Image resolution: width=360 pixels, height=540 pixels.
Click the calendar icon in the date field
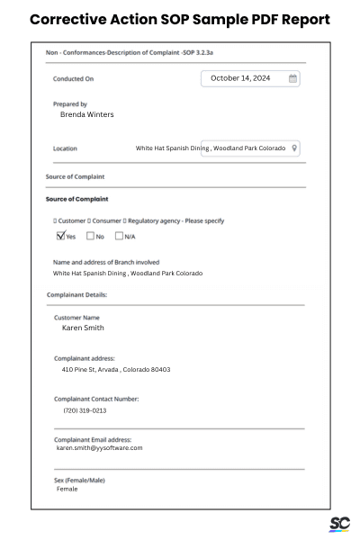point(292,79)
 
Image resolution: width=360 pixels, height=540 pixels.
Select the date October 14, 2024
point(239,79)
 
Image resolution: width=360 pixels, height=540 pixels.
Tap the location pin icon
point(294,148)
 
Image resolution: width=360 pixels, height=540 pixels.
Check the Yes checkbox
point(60,237)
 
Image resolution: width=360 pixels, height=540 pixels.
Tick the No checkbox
point(90,237)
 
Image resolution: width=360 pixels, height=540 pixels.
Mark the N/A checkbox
point(119,237)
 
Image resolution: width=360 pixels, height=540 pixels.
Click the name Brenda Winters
point(86,115)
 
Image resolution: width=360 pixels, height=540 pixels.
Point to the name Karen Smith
point(83,328)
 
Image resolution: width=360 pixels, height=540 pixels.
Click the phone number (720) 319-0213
point(85,410)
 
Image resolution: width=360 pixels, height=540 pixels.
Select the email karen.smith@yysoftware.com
point(99,447)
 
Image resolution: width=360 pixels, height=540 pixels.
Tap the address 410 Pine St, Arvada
point(115,370)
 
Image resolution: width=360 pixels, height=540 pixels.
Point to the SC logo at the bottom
point(339,525)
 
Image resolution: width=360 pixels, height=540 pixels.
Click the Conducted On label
point(73,79)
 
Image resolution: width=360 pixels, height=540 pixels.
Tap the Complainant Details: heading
point(76,294)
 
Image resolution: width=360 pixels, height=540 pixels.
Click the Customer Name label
point(76,318)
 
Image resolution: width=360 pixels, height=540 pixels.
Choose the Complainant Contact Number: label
point(96,399)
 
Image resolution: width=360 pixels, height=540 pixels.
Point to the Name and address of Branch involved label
point(106,263)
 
